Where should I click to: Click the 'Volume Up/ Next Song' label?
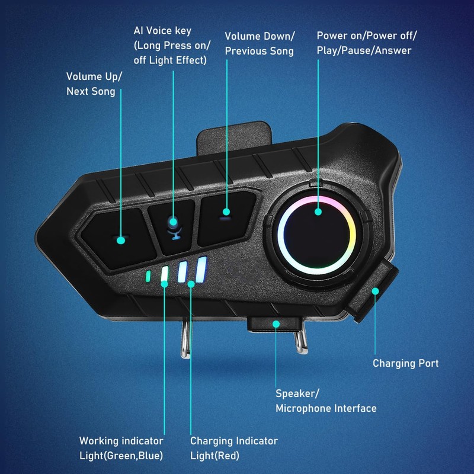[91, 84]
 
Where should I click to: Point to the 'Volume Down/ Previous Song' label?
[259, 43]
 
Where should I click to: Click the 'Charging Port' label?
[405, 363]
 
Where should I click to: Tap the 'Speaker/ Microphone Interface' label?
[326, 401]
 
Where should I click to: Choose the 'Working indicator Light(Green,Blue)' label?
[121, 448]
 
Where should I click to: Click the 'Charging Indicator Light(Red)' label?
[233, 448]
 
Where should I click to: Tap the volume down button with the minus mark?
[225, 219]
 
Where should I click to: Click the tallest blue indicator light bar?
[201, 270]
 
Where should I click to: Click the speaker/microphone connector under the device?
[276, 324]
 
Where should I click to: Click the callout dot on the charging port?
[375, 290]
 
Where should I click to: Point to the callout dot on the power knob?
[318, 212]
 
